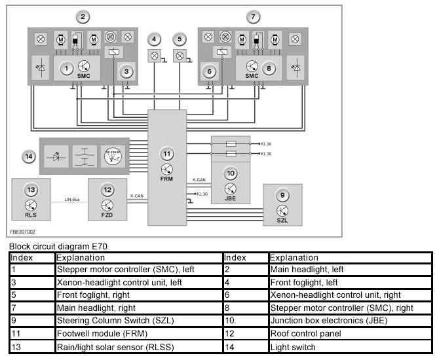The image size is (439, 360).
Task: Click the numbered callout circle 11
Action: [167, 154]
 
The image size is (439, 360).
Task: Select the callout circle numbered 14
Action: [28, 156]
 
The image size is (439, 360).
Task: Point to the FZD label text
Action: [107, 213]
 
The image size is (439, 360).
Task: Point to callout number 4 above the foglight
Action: [154, 39]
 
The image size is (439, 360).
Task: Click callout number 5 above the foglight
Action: [180, 39]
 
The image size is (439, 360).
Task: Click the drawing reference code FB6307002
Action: [23, 231]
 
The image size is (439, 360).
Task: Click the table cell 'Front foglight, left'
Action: [303, 282]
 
